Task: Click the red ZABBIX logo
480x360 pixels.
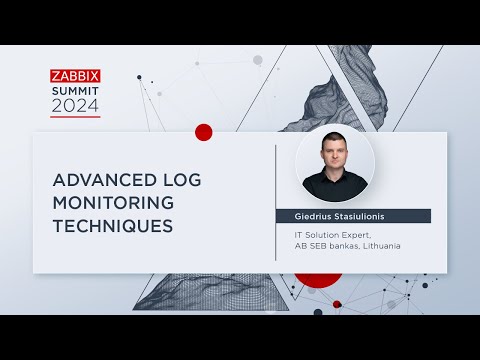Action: (75, 75)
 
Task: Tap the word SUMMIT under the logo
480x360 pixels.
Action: (75, 90)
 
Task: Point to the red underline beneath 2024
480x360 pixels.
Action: (75, 117)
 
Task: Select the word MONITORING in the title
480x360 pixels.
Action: (113, 203)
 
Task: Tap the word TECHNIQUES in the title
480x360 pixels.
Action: (112, 226)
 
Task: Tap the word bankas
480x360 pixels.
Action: (342, 247)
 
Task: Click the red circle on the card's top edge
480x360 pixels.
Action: (204, 132)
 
